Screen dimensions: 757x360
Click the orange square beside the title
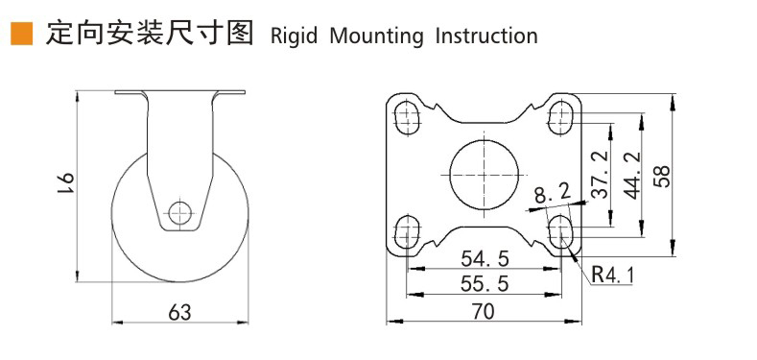pos(22,34)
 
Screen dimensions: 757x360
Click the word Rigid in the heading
pos(294,36)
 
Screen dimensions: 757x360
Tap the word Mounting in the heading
pos(376,36)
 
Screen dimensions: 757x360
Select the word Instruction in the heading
pos(486,36)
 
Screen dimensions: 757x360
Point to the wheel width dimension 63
pos(179,313)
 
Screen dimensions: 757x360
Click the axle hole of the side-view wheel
pos(179,212)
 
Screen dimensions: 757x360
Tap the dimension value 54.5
pos(485,259)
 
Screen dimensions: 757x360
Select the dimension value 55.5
pos(485,284)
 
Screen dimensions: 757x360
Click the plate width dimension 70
pos(484,312)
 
